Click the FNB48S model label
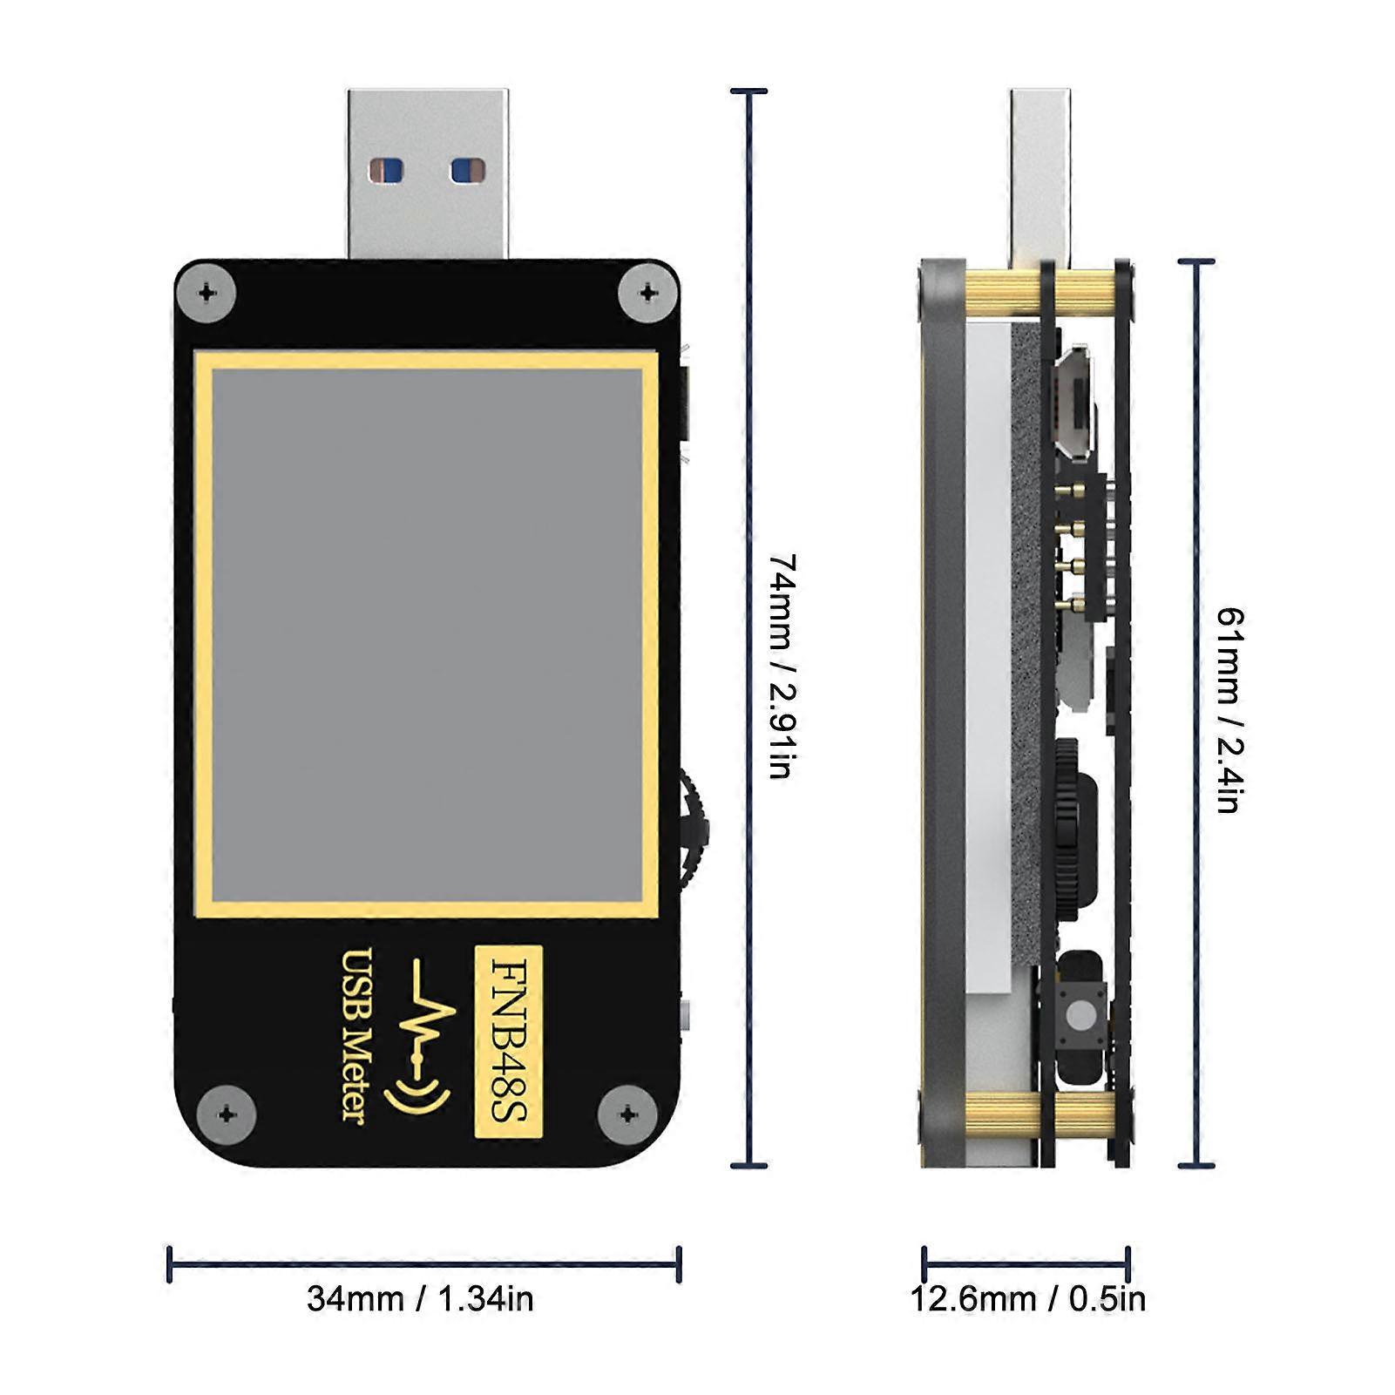[x=507, y=1040]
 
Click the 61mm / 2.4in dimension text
[x=1229, y=710]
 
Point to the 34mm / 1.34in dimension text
[x=420, y=1298]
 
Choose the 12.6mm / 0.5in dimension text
[x=1028, y=1298]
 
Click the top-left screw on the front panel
[x=207, y=293]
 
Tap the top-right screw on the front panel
[x=647, y=293]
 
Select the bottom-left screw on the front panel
[x=226, y=1114]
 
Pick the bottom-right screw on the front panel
[x=628, y=1114]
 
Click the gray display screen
[x=427, y=632]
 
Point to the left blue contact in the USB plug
[x=385, y=170]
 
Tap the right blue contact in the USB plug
[x=468, y=170]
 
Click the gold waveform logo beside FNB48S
[x=425, y=1037]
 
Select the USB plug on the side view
[x=1040, y=174]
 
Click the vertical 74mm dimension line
[x=748, y=627]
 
